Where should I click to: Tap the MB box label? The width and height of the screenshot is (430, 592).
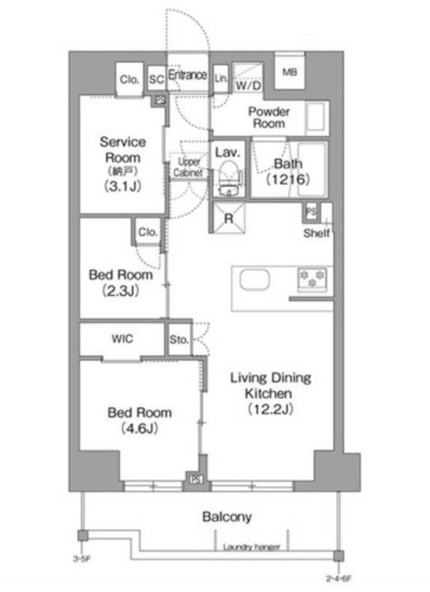[x=289, y=72]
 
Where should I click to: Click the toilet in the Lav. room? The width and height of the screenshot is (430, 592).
[x=227, y=177]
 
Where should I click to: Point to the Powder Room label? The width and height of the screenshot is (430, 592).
[x=269, y=117]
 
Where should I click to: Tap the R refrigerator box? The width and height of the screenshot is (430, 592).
[x=227, y=218]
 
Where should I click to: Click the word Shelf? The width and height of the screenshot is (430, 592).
[x=315, y=232]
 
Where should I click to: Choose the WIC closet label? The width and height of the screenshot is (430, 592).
[x=122, y=339]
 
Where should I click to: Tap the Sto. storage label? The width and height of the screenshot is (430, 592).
[x=179, y=340]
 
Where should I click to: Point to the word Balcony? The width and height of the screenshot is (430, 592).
[x=227, y=517]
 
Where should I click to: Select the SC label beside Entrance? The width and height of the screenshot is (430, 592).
[x=156, y=80]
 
